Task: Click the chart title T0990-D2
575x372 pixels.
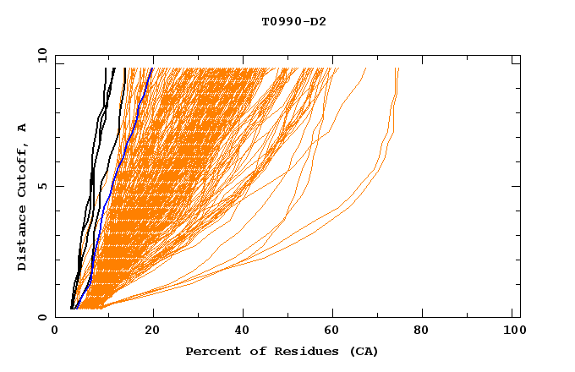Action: [293, 22]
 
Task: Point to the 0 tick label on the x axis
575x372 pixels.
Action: [55, 332]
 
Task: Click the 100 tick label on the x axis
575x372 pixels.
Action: [512, 332]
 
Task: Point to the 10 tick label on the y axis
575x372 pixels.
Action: [41, 55]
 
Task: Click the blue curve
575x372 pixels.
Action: [108, 194]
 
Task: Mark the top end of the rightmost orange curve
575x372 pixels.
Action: [398, 69]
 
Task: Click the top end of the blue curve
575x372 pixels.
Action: [152, 68]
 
